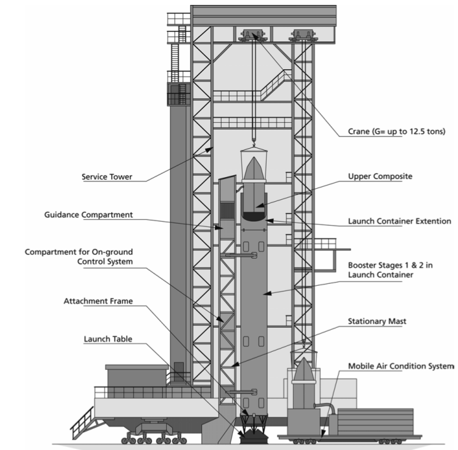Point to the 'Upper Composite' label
pos(380,177)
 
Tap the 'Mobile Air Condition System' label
pos(401,365)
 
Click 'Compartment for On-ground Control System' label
pos(79,257)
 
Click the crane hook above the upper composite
pos(253,141)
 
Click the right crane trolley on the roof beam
pos(302,34)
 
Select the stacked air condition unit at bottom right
pos(376,422)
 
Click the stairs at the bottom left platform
pos(81,422)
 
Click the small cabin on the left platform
pos(136,376)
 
